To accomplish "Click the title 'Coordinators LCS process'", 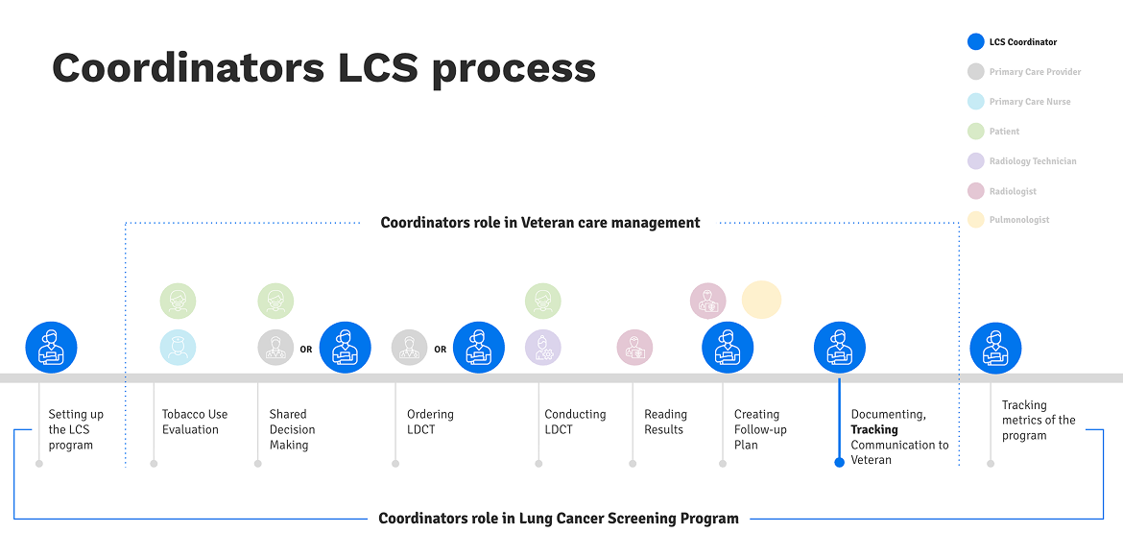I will point(323,69).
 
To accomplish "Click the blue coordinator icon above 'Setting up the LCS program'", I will point(51,347).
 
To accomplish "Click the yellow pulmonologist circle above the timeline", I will point(761,300).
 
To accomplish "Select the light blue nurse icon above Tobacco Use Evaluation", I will point(178,348).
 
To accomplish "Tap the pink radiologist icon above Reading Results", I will point(634,348).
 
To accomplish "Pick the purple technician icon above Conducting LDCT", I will point(543,348).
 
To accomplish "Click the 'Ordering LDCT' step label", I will point(430,422).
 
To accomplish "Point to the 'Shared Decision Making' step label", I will point(292,429).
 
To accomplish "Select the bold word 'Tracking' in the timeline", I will point(874,429).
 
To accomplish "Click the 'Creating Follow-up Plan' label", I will point(760,429).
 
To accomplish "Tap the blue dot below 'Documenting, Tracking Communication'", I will point(840,462).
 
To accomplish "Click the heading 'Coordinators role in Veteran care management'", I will point(540,223).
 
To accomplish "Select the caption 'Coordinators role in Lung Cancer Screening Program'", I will point(559,519).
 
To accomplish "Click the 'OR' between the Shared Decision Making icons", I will point(306,350).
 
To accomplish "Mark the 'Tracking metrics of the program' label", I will point(1039,421).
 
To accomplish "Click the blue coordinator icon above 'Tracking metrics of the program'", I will point(995,347).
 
